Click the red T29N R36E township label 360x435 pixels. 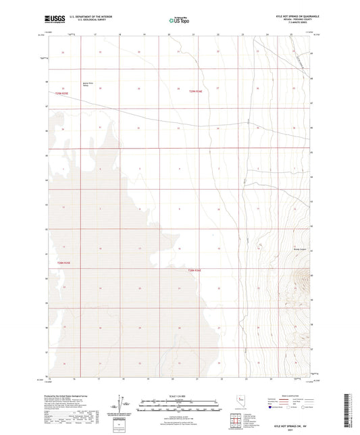click(196, 92)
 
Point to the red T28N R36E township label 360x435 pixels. click(195, 270)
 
